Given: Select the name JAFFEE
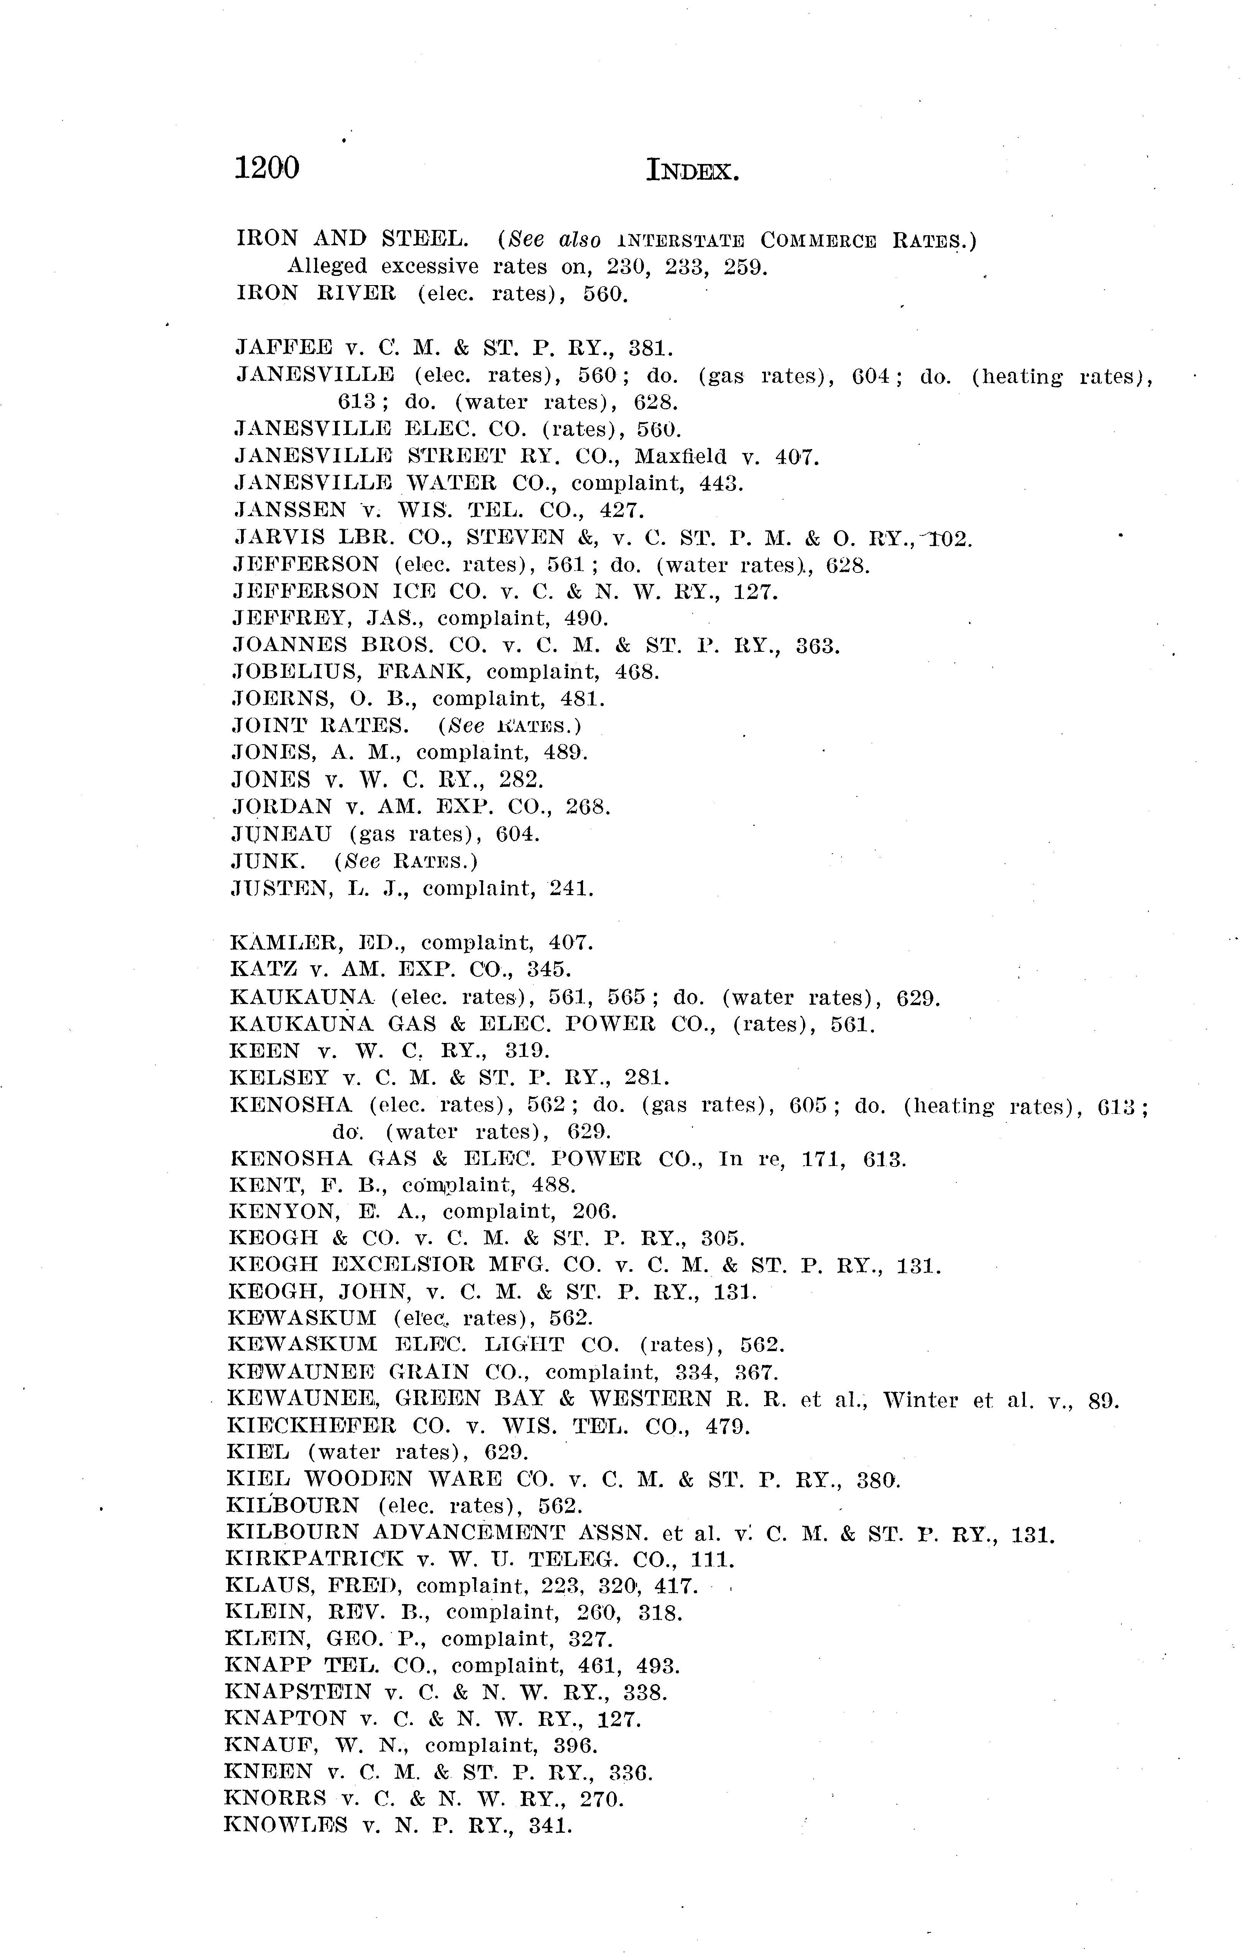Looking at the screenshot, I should coord(283,348).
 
